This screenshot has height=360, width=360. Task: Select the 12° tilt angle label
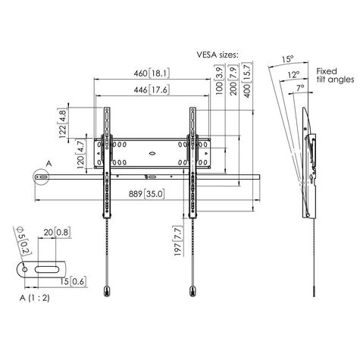pyautogui.click(x=293, y=74)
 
